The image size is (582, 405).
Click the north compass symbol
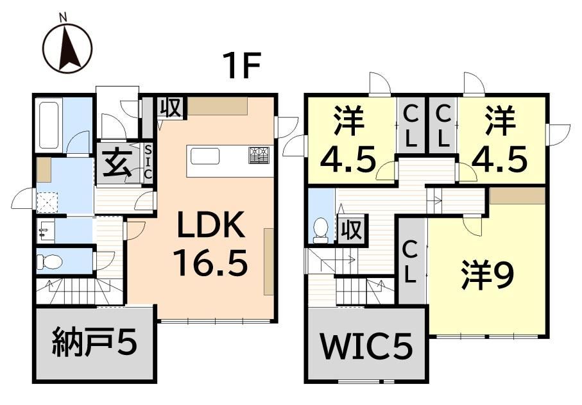(67, 47)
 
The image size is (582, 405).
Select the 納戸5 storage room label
(94, 345)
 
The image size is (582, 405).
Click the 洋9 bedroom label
(488, 276)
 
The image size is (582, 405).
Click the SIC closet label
(148, 163)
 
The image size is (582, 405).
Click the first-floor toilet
(50, 261)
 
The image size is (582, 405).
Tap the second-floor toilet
(320, 230)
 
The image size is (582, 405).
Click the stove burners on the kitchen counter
(261, 155)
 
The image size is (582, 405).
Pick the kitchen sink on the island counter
(204, 156)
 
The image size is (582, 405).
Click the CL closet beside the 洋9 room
(411, 261)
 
